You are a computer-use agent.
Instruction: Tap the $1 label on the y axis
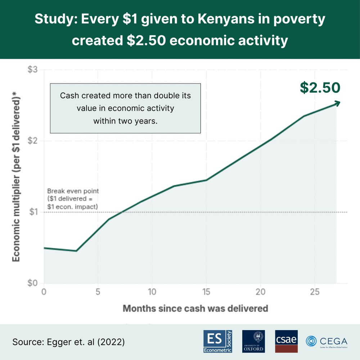[33, 212]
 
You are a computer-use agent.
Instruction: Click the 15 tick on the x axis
[206, 292]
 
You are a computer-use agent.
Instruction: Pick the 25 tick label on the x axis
[314, 292]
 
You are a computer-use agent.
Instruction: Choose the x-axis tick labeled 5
[98, 292]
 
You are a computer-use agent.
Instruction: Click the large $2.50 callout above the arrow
[320, 88]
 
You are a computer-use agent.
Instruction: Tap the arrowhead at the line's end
[337, 103]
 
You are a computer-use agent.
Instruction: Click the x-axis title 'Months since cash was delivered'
[195, 309]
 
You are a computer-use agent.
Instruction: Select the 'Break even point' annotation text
[73, 191]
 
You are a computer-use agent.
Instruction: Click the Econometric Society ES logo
[218, 341]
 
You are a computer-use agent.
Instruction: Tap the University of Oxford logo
[253, 341]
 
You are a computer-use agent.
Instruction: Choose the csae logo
[286, 341]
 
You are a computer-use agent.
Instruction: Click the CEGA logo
[327, 341]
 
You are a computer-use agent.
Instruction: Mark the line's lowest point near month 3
[76, 251]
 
